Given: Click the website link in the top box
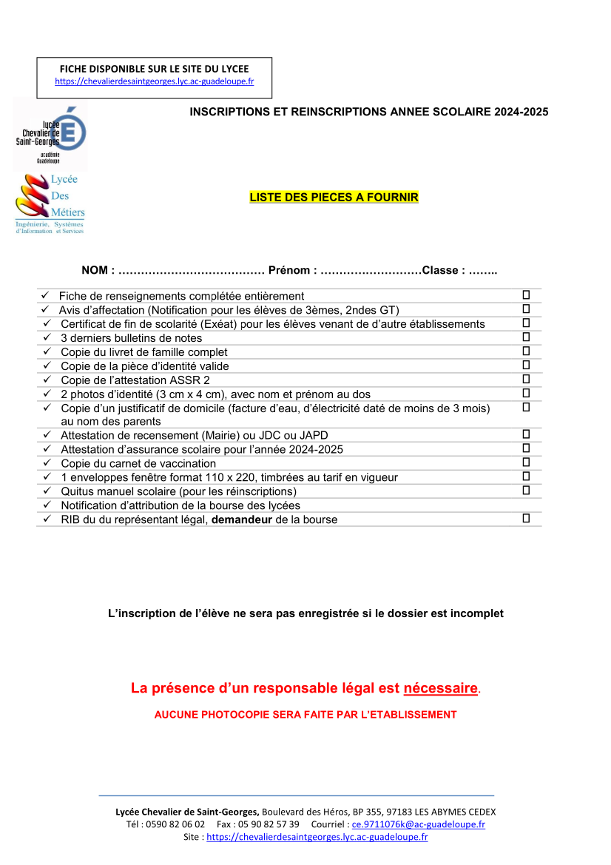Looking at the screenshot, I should coord(155,81).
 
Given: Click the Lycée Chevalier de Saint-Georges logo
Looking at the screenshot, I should coord(50,135).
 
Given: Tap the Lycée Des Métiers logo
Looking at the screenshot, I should coord(50,203).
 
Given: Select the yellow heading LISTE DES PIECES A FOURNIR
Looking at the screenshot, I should coord(334,198).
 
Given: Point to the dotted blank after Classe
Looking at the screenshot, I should coord(483,271).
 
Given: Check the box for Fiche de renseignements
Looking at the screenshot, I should coord(526,295).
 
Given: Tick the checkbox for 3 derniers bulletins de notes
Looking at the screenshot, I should coord(526,337).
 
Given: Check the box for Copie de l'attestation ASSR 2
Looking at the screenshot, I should coord(526,380).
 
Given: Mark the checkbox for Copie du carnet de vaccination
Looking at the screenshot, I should coord(526,462).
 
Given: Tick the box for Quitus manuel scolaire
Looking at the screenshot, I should coord(526,491).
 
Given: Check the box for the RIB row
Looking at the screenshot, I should coord(526,519).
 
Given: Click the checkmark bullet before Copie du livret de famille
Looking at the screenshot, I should coord(47,352).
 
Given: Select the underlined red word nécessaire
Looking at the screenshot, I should coord(441,688).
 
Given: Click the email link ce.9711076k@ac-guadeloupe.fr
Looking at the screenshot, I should coord(418,824).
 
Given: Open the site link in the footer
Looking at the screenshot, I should coord(317,837).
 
